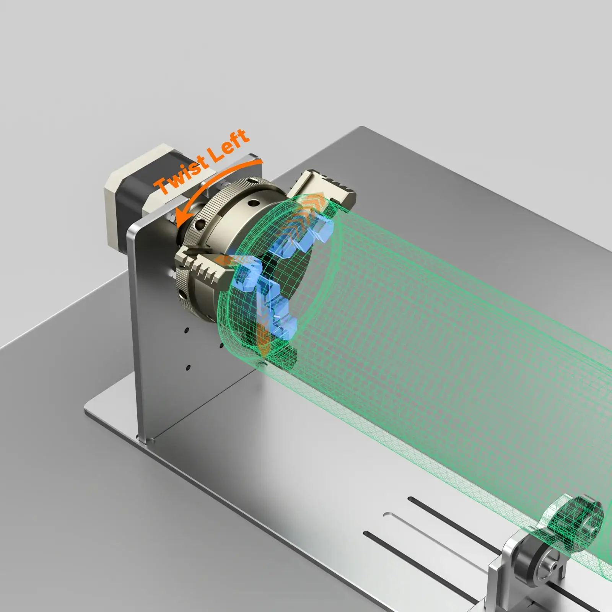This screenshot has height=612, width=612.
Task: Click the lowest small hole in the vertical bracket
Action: pos(188,368)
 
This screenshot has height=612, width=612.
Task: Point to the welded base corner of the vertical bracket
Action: pos(143,440)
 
